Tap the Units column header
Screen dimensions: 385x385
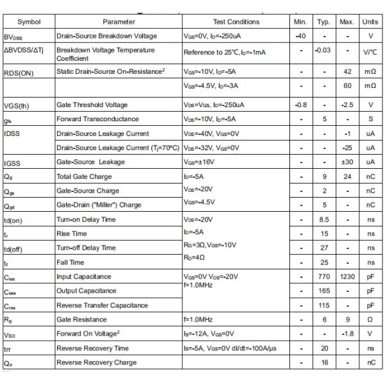pos(370,22)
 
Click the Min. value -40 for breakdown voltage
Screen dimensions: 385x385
pos(300,36)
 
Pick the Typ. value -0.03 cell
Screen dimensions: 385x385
pos(324,51)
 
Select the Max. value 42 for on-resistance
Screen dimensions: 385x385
pos(347,73)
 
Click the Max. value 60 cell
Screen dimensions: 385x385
pos(347,85)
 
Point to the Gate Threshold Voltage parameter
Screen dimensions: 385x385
pos(92,105)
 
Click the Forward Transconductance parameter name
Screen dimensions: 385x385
pos(98,119)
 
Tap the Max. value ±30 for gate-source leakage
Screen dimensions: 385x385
pos(347,162)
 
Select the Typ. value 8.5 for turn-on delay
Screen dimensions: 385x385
pos(324,219)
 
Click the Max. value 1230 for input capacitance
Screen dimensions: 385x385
pos(347,277)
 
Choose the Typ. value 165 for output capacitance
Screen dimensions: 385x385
pos(324,291)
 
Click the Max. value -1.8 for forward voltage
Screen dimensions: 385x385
pos(347,334)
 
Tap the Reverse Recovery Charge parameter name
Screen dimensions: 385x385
pos(96,363)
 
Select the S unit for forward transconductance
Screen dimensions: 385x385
pos(370,119)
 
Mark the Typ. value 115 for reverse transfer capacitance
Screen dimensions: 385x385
pos(324,305)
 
